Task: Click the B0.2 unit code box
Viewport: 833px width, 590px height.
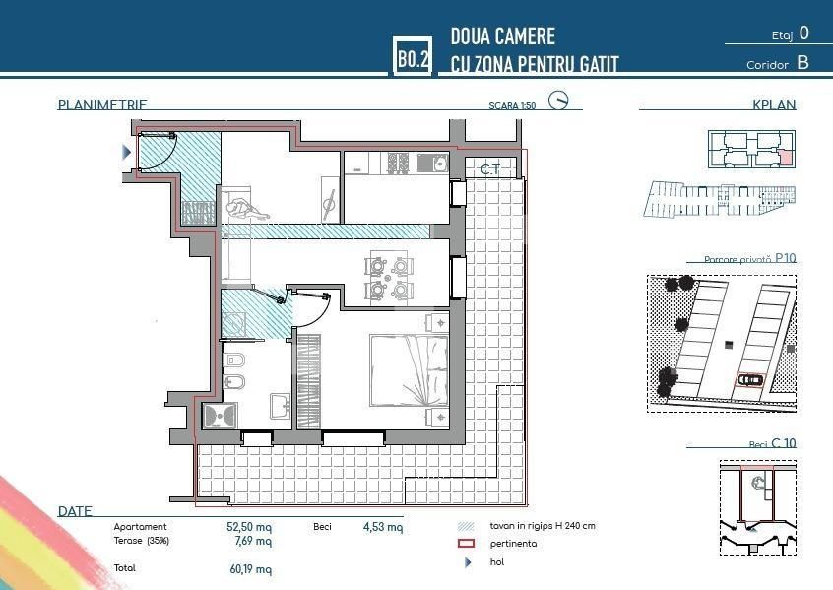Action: [412, 58]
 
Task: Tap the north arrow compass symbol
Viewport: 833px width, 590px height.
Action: [559, 100]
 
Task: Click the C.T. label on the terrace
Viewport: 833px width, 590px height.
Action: [489, 170]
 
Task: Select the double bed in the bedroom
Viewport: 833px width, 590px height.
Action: [409, 370]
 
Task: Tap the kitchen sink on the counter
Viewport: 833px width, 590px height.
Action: [432, 164]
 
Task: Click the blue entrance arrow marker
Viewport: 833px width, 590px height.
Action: [126, 152]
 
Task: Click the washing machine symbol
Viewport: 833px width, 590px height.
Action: [234, 323]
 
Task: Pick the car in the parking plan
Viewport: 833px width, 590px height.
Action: [750, 379]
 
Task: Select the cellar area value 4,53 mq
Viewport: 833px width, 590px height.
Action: [382, 527]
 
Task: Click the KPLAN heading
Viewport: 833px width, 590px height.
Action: [774, 105]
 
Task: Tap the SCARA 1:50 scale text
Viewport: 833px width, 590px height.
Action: [512, 105]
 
